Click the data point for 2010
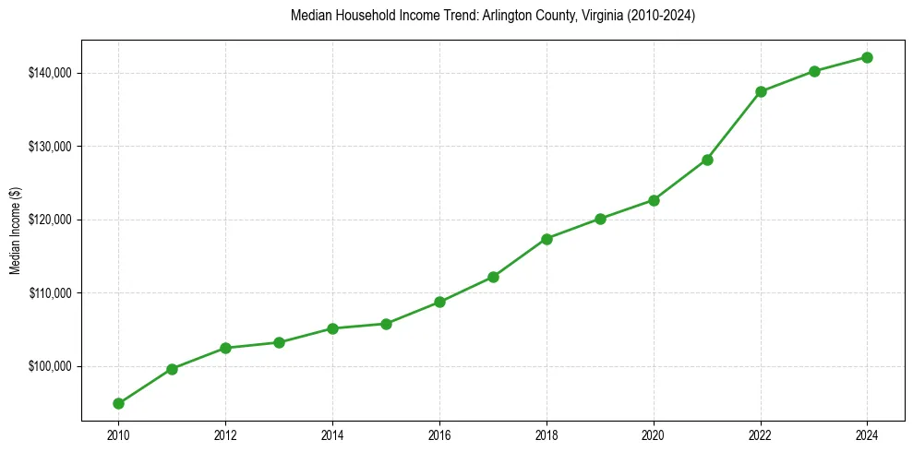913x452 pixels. pos(118,403)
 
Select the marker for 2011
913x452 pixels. pos(172,369)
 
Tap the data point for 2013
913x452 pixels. pos(279,342)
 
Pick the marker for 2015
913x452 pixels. pos(386,324)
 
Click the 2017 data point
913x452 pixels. pos(493,277)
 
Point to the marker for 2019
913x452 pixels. pos(600,219)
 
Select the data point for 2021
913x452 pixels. pos(707,160)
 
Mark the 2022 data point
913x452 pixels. pos(761,91)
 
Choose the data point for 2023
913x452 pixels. pos(814,71)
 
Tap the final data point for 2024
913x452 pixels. pos(868,57)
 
